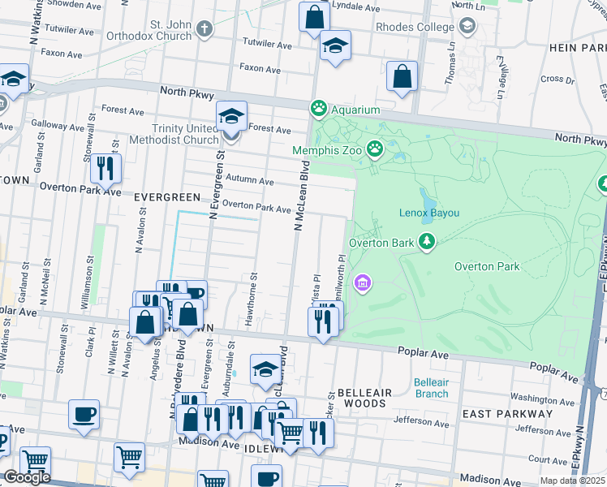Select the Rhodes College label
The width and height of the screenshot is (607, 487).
(x=415, y=27)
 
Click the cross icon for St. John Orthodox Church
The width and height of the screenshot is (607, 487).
(x=204, y=29)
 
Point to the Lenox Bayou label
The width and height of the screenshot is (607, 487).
(x=429, y=213)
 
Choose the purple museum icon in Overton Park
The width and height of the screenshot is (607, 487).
(x=362, y=282)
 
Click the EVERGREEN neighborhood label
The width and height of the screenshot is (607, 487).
(x=166, y=197)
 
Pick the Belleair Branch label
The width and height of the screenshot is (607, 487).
(x=430, y=388)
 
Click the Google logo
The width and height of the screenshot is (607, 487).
(x=27, y=477)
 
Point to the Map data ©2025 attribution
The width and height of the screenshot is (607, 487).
(x=573, y=481)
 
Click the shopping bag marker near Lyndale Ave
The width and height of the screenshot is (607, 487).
(x=313, y=17)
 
